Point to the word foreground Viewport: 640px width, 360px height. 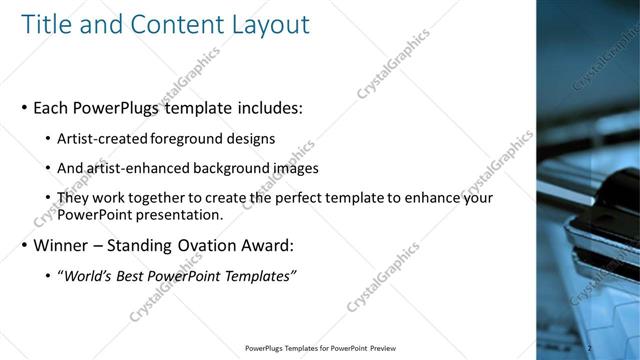[x=193, y=138]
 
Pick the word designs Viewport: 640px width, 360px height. [x=253, y=138]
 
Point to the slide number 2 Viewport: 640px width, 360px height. [x=589, y=347]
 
